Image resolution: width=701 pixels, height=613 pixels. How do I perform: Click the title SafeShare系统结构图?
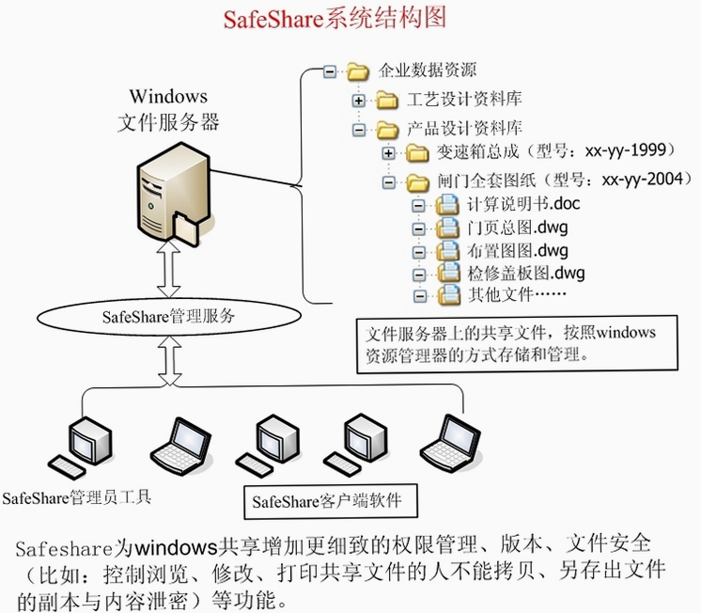[335, 19]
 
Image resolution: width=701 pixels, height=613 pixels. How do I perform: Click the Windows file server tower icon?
[175, 194]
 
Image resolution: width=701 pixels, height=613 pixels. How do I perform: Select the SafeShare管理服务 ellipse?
[169, 317]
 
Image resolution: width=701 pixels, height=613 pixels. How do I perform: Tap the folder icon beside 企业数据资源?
[358, 71]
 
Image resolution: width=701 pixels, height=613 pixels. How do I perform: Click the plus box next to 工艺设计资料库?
[359, 101]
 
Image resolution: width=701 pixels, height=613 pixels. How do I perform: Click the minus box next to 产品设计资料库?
[359, 130]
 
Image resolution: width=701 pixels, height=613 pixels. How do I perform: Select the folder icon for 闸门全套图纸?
[418, 182]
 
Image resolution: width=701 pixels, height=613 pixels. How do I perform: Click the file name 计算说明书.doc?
[523, 204]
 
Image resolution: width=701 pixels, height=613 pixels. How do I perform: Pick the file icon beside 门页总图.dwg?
[447, 228]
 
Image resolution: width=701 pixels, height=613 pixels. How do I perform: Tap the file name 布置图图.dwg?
[518, 251]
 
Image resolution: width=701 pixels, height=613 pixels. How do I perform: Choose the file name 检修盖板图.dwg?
[526, 273]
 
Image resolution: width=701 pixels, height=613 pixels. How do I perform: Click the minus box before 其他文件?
[420, 296]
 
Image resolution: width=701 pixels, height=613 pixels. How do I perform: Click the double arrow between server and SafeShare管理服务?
[169, 269]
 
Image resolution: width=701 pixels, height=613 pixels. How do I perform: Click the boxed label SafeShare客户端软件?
[331, 501]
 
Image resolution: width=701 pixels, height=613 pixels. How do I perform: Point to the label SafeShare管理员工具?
[77, 498]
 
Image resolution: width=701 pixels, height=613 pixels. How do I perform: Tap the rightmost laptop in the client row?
[451, 444]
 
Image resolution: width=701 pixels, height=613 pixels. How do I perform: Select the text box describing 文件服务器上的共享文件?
[517, 344]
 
